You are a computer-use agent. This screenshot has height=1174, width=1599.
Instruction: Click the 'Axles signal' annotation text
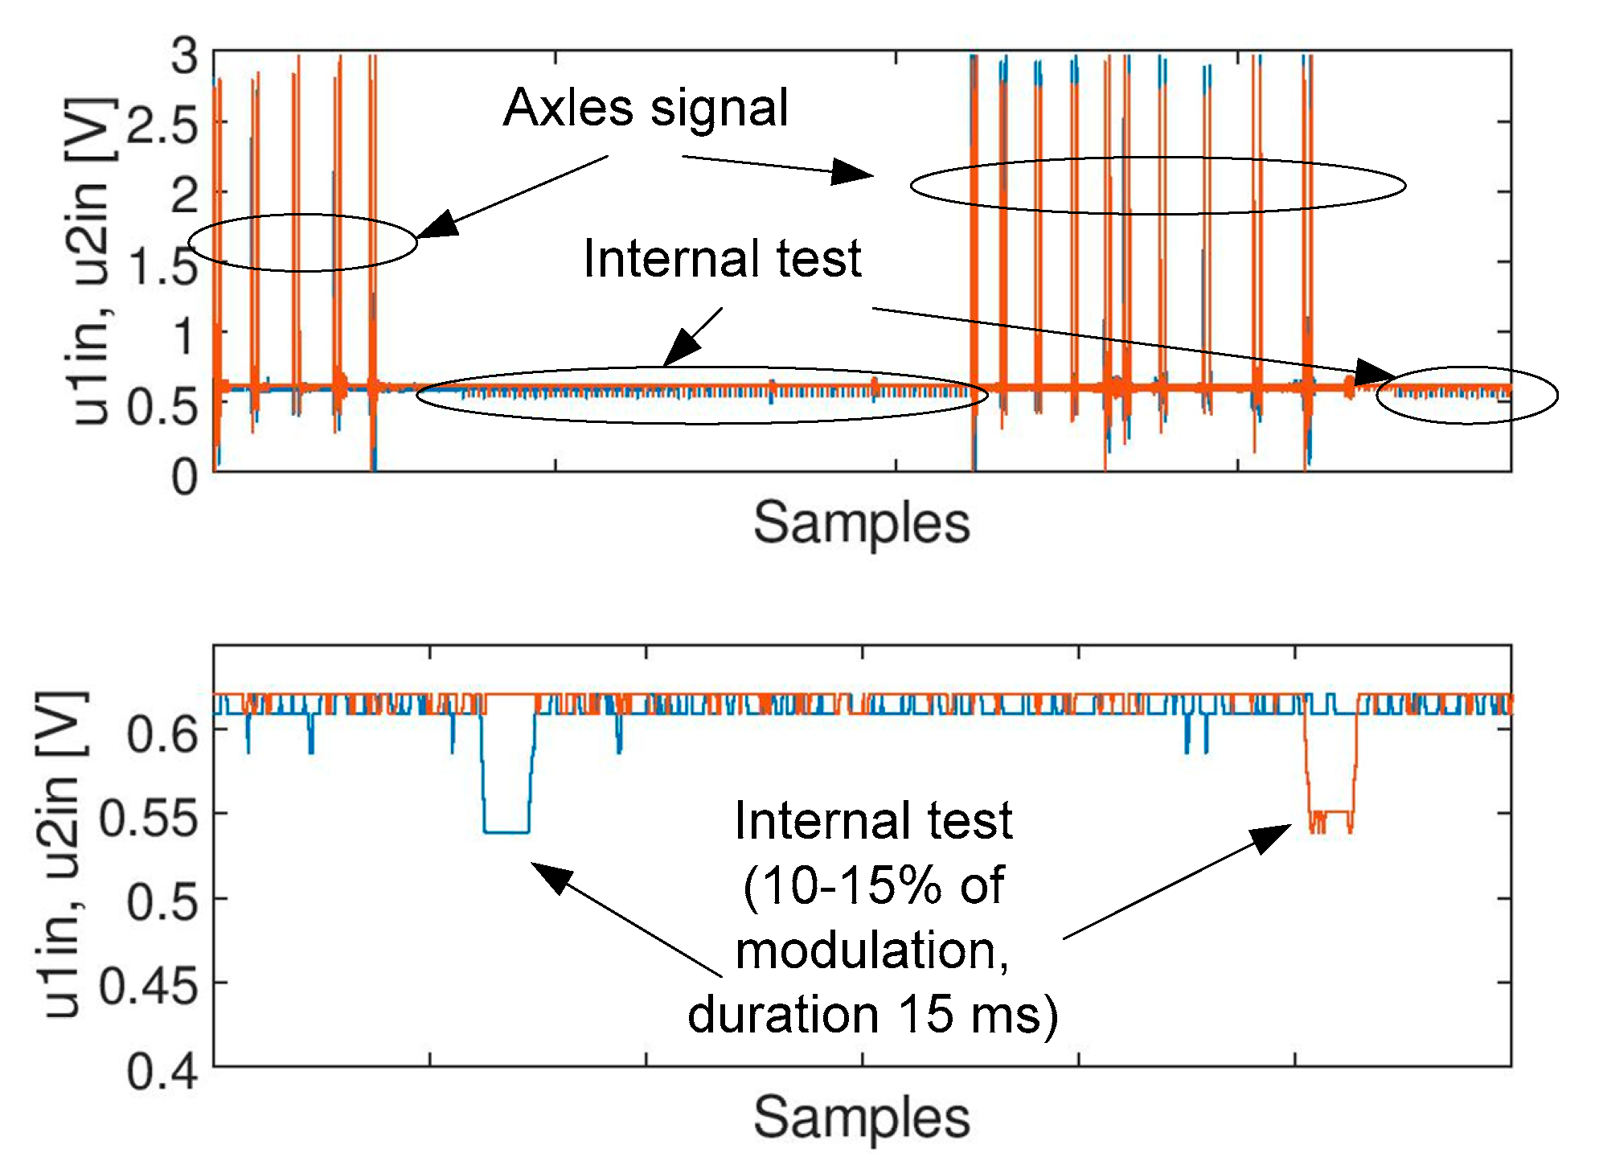pyautogui.click(x=646, y=108)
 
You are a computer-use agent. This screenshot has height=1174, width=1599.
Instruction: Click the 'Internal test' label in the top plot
pyautogui.click(x=722, y=259)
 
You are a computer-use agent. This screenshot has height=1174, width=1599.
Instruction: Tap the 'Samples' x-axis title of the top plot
pyautogui.click(x=861, y=523)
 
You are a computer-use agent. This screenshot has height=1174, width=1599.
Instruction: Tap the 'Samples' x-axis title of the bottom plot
pyautogui.click(x=861, y=1118)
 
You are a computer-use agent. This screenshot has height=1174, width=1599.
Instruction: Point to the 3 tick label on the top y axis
pyautogui.click(x=185, y=57)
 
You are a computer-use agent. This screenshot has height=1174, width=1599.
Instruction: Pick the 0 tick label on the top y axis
pyautogui.click(x=185, y=477)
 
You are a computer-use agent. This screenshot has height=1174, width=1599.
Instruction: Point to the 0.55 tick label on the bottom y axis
pyautogui.click(x=149, y=819)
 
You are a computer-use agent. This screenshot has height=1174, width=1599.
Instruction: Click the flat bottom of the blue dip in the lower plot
pyautogui.click(x=506, y=831)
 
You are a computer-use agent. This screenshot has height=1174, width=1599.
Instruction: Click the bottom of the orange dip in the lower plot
pyautogui.click(x=1331, y=813)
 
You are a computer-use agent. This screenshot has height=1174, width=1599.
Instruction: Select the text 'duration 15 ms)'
pyautogui.click(x=873, y=1015)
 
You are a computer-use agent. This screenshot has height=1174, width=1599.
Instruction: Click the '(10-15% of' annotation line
pyautogui.click(x=873, y=886)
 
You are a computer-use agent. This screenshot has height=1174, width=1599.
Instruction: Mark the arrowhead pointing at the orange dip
pyautogui.click(x=1275, y=836)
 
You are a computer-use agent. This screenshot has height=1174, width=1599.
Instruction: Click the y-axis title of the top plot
pyautogui.click(x=92, y=261)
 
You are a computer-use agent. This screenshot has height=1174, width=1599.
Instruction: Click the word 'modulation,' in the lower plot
pyautogui.click(x=873, y=950)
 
